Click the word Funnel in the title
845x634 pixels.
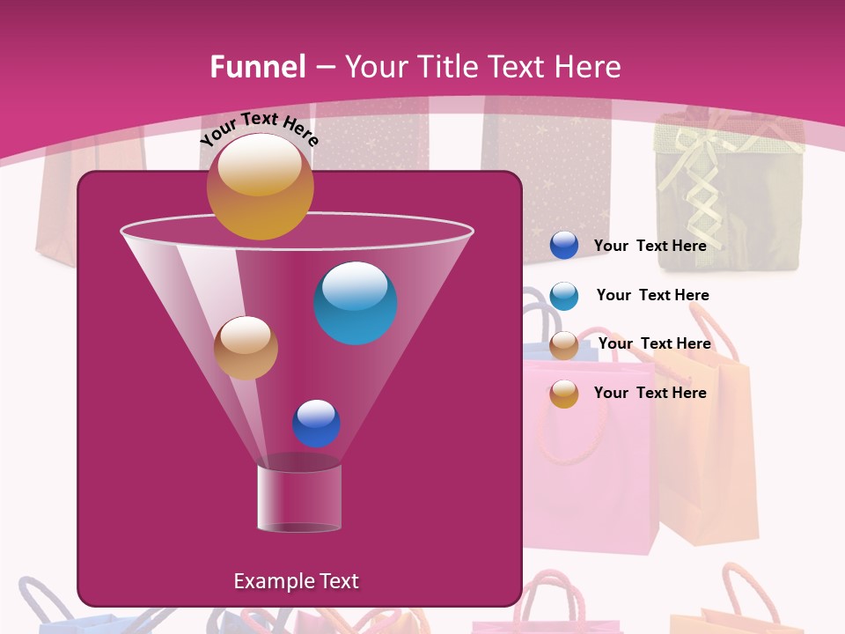(x=258, y=67)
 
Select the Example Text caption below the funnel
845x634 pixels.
(x=296, y=581)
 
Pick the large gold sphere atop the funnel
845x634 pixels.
(x=260, y=187)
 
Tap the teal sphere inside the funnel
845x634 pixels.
(x=356, y=303)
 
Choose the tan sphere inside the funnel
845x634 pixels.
(x=246, y=348)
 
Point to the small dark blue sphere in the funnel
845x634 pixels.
(x=316, y=424)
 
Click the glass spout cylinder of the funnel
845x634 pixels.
(x=299, y=498)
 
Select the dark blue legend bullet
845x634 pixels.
(x=564, y=246)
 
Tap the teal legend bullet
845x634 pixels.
(x=564, y=296)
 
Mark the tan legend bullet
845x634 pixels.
(x=564, y=345)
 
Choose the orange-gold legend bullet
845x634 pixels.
(x=564, y=394)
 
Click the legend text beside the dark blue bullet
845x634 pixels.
(x=650, y=246)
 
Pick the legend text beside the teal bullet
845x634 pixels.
(x=652, y=295)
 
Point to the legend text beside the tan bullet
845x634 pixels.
(x=654, y=343)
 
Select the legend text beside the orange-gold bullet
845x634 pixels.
(x=650, y=393)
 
